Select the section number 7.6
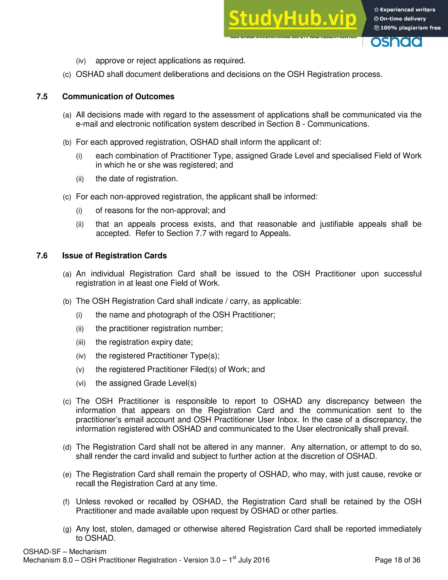click(42, 255)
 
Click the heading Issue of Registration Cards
click(114, 255)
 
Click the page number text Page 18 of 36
click(397, 560)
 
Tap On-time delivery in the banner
click(403, 19)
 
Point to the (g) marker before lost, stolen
click(67, 529)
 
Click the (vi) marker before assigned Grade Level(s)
click(81, 383)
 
